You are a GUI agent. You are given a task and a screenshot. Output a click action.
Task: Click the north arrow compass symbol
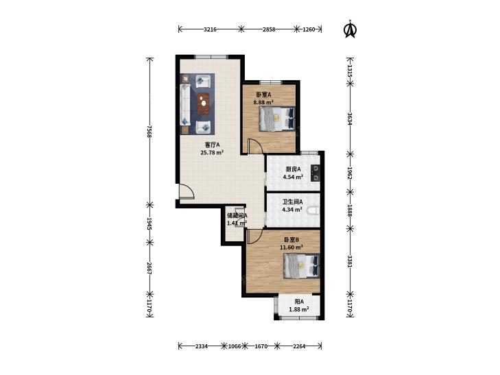pyautogui.click(x=350, y=29)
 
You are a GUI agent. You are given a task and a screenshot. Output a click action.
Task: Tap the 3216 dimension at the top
pyautogui.click(x=210, y=29)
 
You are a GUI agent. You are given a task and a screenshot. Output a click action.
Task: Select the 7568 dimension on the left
pyautogui.click(x=150, y=131)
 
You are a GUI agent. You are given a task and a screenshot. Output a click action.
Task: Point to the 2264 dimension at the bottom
pyautogui.click(x=299, y=346)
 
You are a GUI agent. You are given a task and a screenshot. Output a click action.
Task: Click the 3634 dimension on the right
pyautogui.click(x=350, y=119)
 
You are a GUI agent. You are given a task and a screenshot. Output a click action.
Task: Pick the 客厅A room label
pyautogui.click(x=213, y=145)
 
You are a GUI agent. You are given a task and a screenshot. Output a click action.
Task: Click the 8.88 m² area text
pyautogui.click(x=263, y=102)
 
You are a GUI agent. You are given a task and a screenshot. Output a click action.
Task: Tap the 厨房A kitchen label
pyautogui.click(x=293, y=169)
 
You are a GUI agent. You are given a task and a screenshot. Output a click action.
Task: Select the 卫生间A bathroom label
pyautogui.click(x=292, y=202)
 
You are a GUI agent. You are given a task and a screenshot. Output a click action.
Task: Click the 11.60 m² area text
pyautogui.click(x=291, y=247)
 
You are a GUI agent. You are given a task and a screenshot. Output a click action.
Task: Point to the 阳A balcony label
pyautogui.click(x=299, y=302)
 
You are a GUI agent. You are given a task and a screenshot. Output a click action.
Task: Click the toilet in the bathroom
pyautogui.click(x=313, y=210)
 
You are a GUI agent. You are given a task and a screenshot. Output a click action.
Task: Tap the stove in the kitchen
pyautogui.click(x=315, y=173)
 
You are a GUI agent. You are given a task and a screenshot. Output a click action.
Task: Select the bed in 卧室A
pyautogui.click(x=277, y=119)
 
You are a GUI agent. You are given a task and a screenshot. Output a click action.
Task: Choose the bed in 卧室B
pyautogui.click(x=301, y=266)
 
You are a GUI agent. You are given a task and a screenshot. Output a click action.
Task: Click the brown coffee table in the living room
pyautogui.click(x=203, y=104)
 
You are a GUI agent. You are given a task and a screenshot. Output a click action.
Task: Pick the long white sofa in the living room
pyautogui.click(x=185, y=105)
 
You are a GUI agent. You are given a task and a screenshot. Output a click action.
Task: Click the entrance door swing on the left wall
pyautogui.click(x=187, y=191)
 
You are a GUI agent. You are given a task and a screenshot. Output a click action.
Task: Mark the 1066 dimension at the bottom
pyautogui.click(x=235, y=346)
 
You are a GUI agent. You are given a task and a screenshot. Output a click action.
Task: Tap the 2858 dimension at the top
pyautogui.click(x=269, y=29)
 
